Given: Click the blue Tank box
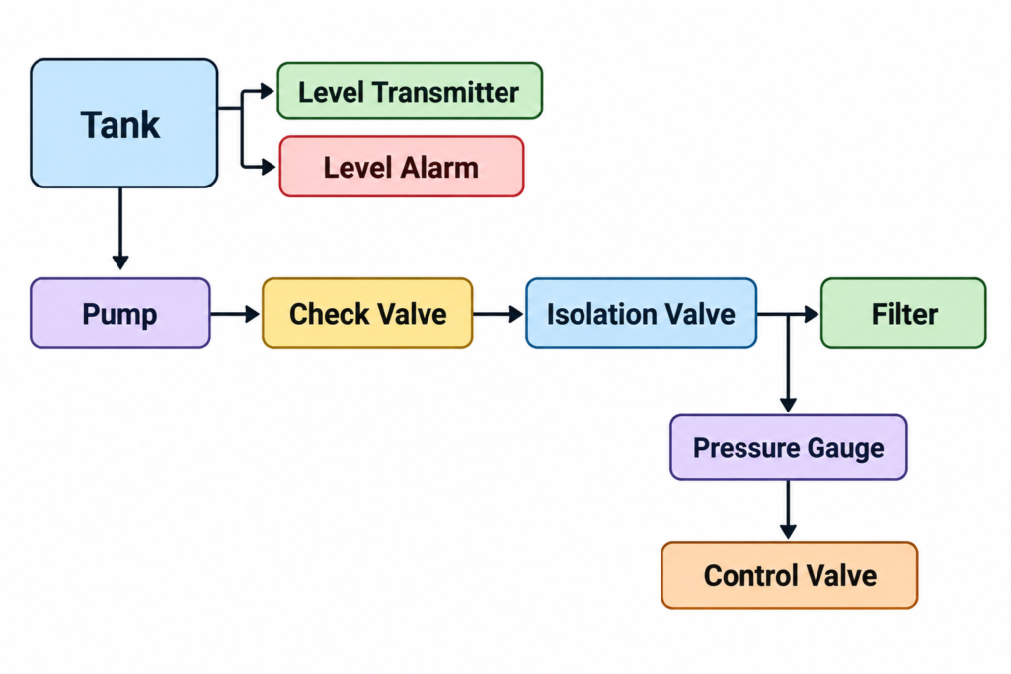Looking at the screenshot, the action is click(x=123, y=123).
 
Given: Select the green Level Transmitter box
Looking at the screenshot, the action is click(x=410, y=91).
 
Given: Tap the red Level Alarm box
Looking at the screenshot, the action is click(x=402, y=166).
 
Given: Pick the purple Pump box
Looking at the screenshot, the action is click(x=119, y=314).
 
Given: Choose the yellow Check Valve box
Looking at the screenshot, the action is click(x=367, y=314).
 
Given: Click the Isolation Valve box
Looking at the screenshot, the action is click(x=641, y=314).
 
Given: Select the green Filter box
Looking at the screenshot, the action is click(x=903, y=314).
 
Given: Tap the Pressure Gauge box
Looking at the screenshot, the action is click(x=789, y=447).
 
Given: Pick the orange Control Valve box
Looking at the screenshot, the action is click(x=789, y=575).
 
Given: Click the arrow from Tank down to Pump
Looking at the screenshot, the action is click(x=119, y=229).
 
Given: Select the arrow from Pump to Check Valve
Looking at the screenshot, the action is click(x=235, y=314).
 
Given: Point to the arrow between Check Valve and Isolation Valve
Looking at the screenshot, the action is click(x=499, y=314).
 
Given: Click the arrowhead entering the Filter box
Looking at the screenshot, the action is click(x=812, y=314).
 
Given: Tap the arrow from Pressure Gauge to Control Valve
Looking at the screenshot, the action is click(x=788, y=509).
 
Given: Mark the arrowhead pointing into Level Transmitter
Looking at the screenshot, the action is click(x=268, y=91).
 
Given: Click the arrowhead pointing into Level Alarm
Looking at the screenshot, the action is click(x=269, y=167).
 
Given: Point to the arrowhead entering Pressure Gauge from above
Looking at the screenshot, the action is click(x=788, y=405).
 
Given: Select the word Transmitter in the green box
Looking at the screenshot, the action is click(x=445, y=92).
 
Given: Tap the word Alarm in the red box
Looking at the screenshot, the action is click(x=439, y=168).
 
